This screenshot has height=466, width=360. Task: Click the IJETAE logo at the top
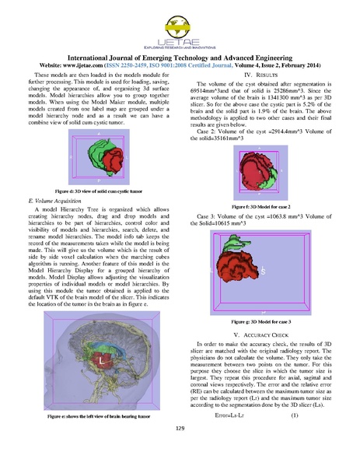(180, 29)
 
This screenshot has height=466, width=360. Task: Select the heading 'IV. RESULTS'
(267, 73)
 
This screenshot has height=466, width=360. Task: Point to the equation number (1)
(295, 416)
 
